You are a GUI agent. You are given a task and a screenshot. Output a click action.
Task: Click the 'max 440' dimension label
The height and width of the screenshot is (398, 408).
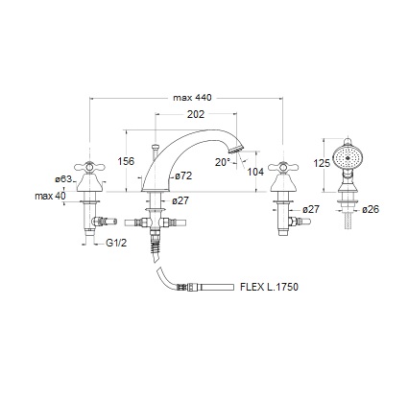[x=192, y=98]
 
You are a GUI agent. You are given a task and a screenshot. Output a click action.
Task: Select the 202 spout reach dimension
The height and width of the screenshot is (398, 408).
[x=196, y=114]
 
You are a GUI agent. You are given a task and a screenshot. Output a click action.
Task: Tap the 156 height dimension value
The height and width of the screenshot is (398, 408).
[x=126, y=161]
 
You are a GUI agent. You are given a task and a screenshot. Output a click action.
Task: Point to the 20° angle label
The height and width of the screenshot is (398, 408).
[x=223, y=162]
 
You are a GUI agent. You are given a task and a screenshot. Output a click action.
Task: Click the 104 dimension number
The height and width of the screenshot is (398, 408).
[x=255, y=172]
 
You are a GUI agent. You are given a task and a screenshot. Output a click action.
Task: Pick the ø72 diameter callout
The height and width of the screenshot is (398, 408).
[x=183, y=176]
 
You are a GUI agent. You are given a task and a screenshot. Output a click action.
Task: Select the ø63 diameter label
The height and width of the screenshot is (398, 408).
[x=63, y=179]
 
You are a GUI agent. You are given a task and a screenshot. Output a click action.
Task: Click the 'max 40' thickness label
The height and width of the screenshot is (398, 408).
[x=50, y=196]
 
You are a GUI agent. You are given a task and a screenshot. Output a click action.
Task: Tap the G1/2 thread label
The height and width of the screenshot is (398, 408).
[x=116, y=243]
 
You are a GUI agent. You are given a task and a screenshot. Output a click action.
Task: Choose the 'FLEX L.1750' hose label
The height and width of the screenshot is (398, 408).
[x=269, y=287]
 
